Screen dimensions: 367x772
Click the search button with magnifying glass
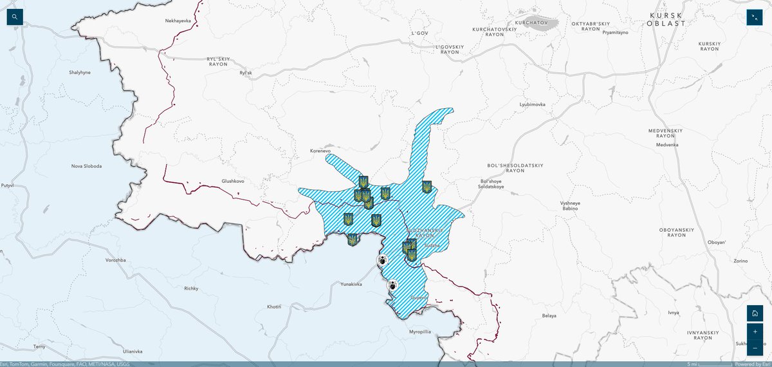coord(15,17)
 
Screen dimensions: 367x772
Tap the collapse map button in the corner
coord(754,17)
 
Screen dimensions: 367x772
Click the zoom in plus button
coord(754,332)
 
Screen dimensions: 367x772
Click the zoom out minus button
coord(754,348)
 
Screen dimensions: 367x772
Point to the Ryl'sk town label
coord(246,73)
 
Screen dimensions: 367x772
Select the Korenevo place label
coord(320,151)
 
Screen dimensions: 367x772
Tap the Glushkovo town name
coord(233,181)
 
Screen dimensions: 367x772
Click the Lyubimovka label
coord(532,104)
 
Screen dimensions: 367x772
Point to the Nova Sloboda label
coord(87,165)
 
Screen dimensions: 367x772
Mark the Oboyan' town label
coord(716,242)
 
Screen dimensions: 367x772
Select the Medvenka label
coord(667,144)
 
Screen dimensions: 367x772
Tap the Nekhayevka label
coord(179,21)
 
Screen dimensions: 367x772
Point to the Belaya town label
coord(548,315)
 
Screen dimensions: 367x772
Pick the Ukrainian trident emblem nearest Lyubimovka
coord(426,187)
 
